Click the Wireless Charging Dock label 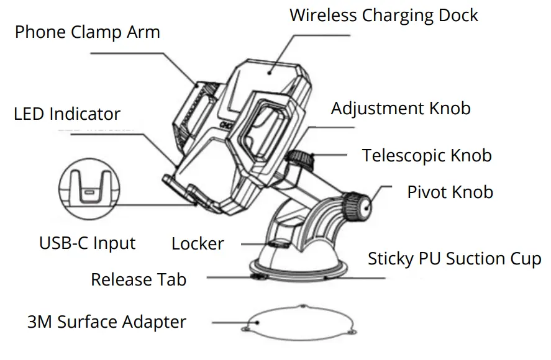point(384,16)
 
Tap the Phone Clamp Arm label point(88,32)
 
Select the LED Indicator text point(67,114)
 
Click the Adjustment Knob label point(401,109)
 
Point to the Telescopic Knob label point(427,155)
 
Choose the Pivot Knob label point(450,192)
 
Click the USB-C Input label point(87,243)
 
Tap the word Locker point(198,243)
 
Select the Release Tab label point(139,279)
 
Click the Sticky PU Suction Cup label point(454,258)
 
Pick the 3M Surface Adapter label point(107,322)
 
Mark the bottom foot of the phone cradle point(180,189)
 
